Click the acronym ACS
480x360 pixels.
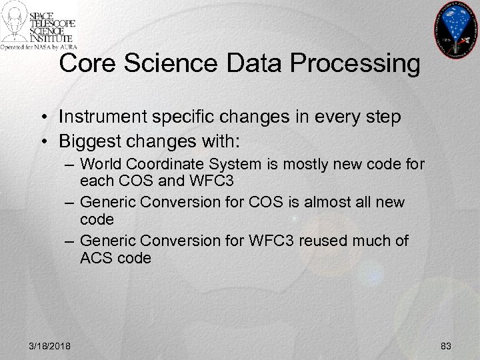[94, 257]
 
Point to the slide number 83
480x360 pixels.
[446, 345]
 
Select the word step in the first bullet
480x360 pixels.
[382, 117]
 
